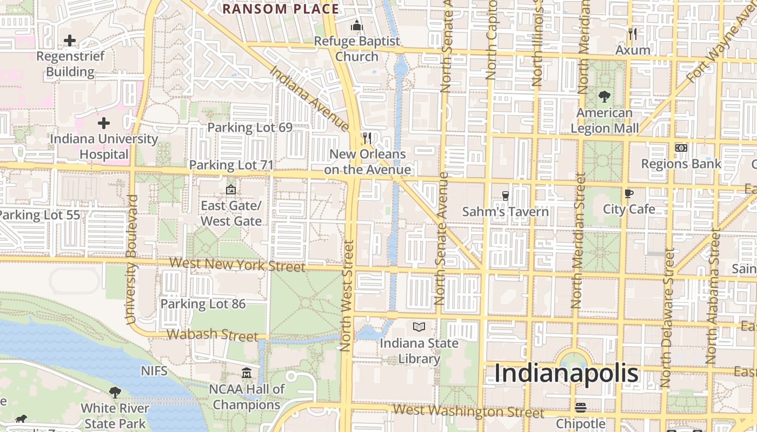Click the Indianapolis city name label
coord(566,374)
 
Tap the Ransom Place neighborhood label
coord(281,9)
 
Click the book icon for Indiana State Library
coord(419,327)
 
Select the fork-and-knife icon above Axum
coord(633,34)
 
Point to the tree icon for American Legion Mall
coord(605,97)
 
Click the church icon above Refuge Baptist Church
coord(356,25)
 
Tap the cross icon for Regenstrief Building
coord(70,40)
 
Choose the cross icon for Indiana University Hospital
coord(104,123)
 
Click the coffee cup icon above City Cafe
coord(628,193)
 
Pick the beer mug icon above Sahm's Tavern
coord(505,195)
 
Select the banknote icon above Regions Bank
coord(681,147)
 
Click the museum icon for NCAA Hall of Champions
coord(247,373)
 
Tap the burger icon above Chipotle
coord(581,407)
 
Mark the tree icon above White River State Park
coord(115,392)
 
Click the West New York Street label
coord(237,265)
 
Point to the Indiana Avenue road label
coord(309,98)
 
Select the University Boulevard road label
coord(131,259)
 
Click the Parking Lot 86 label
coord(203,304)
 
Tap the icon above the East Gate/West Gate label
coord(231,190)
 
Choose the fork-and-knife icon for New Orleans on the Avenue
coord(367,138)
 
